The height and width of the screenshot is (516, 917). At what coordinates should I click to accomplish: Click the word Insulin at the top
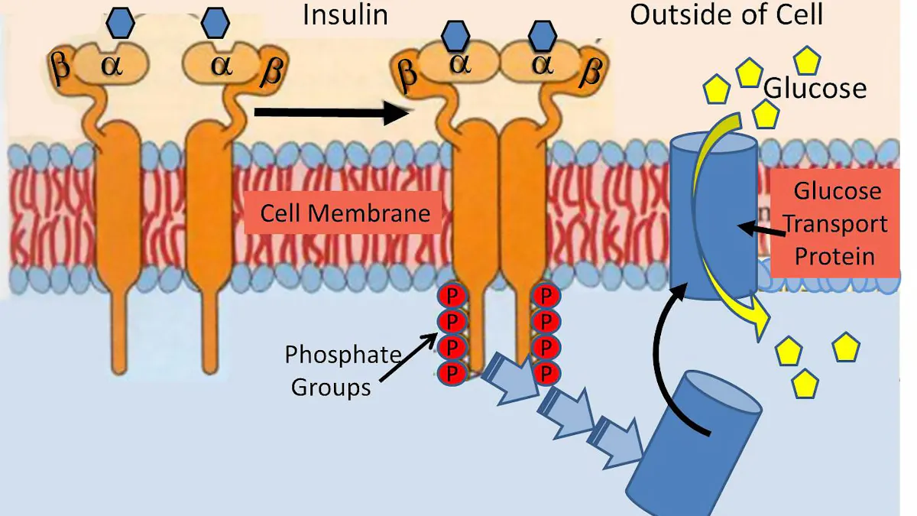tap(345, 15)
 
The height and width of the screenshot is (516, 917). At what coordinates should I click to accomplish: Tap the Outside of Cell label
tap(726, 15)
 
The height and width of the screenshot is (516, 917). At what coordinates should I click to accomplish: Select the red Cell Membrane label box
tap(345, 212)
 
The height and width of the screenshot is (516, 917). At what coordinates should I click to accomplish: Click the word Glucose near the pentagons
tap(815, 88)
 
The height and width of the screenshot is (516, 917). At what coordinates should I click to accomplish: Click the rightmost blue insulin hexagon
tap(543, 35)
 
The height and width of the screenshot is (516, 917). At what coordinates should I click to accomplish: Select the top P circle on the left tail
tap(451, 294)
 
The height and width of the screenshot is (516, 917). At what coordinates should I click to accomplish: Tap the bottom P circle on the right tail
tap(546, 373)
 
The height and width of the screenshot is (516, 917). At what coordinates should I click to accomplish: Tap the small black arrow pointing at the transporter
tap(760, 227)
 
